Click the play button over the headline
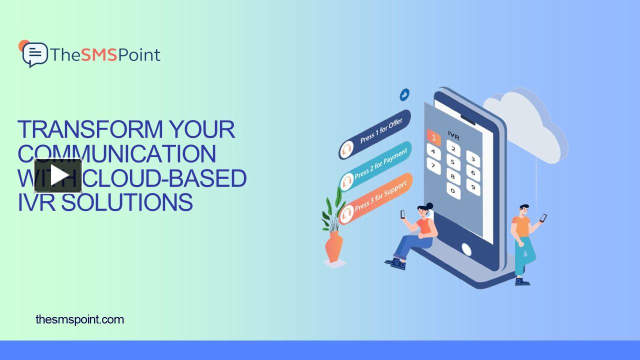(x=58, y=175)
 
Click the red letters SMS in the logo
(x=99, y=54)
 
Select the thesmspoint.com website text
(x=80, y=319)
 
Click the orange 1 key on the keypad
(x=433, y=137)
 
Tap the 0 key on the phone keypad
(x=453, y=190)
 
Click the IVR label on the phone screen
(x=454, y=136)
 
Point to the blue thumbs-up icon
(x=404, y=94)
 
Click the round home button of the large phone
(x=466, y=249)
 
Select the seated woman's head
(x=425, y=210)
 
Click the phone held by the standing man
(x=543, y=217)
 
